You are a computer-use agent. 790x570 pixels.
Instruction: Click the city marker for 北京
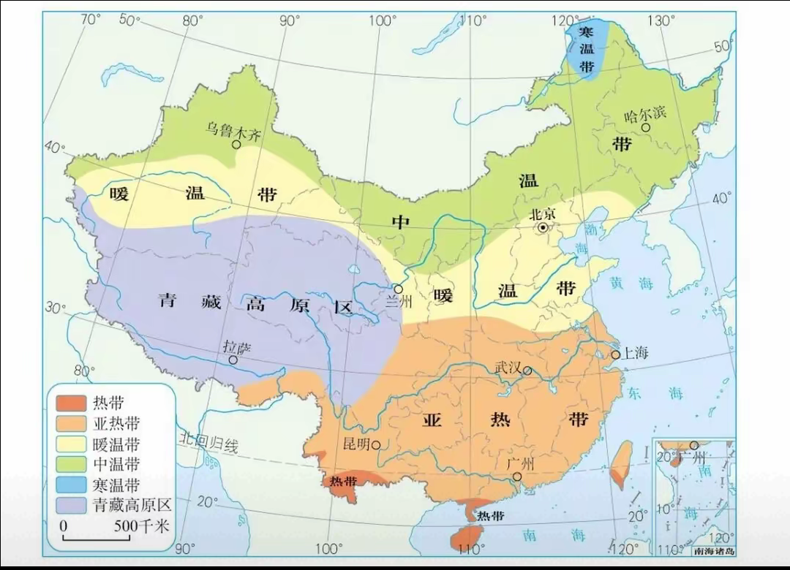pos(543,228)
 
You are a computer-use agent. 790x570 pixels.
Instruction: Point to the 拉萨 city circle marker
pos(233,360)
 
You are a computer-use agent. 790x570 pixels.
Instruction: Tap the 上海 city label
pos(634,354)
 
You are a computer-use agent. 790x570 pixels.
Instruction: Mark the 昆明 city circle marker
pos(376,444)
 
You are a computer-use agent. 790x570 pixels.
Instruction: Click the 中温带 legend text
pos(116,464)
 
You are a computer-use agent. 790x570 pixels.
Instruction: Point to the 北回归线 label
pos(209,441)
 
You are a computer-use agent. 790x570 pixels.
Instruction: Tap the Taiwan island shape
pos(622,464)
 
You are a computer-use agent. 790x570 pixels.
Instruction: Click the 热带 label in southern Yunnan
pos(342,482)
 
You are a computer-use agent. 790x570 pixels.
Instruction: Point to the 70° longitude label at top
pos(91,19)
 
